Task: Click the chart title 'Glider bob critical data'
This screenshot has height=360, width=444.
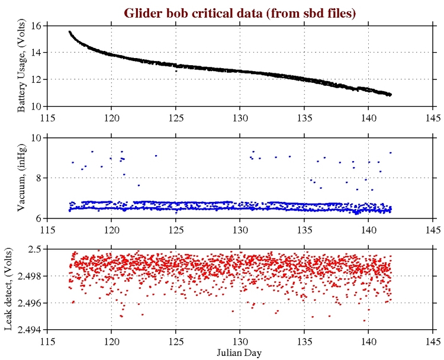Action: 240,13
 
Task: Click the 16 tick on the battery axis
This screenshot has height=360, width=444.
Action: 36,26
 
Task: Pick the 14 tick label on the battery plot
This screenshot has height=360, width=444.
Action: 36,53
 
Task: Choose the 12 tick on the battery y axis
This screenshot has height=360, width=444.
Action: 36,79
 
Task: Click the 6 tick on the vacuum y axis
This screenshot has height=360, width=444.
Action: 38,218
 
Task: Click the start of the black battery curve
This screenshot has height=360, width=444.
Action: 69,32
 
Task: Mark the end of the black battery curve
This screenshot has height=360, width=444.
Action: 391,95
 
